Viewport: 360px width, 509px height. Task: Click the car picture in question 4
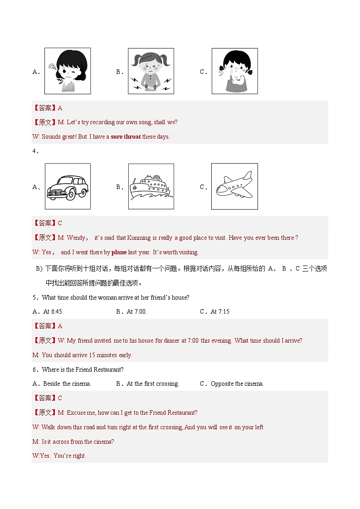pyautogui.click(x=68, y=186)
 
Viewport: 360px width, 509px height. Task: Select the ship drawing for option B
pyautogui.click(x=151, y=187)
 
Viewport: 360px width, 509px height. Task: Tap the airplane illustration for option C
pyautogui.click(x=234, y=186)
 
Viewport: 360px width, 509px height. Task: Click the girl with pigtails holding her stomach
pyautogui.click(x=151, y=71)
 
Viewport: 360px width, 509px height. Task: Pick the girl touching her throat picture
pyautogui.click(x=68, y=71)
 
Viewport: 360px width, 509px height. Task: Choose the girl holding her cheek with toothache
pyautogui.click(x=234, y=71)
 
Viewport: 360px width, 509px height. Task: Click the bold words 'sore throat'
pyautogui.click(x=126, y=136)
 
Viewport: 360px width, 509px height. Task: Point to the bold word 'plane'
pyautogui.click(x=119, y=252)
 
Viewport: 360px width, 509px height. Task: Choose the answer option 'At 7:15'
pyautogui.click(x=220, y=311)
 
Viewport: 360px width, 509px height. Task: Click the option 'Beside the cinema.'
pyautogui.click(x=67, y=383)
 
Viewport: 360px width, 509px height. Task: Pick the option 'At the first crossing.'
pyautogui.click(x=153, y=383)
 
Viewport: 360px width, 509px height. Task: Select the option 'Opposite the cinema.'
pyautogui.click(x=237, y=383)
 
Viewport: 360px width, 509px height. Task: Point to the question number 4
pyautogui.click(x=35, y=151)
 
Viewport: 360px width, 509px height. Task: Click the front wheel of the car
pyautogui.click(x=71, y=195)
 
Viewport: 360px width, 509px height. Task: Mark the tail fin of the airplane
pyautogui.click(x=247, y=175)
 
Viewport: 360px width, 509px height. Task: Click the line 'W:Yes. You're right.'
pyautogui.click(x=59, y=456)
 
